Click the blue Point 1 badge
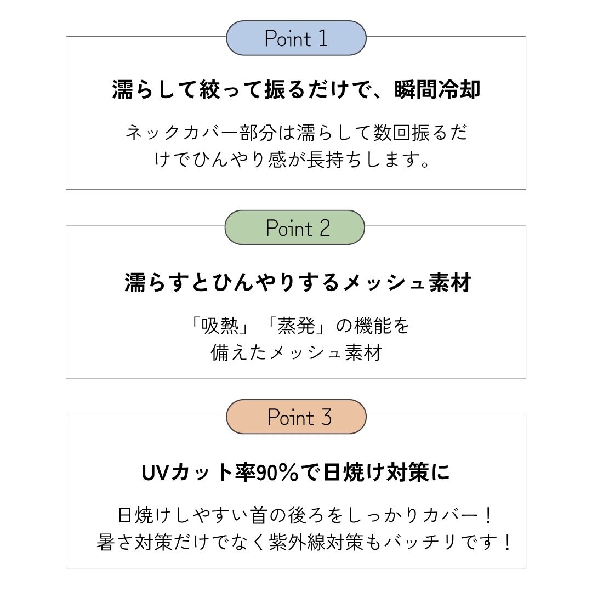coord(296,38)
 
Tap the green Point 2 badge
coord(295,227)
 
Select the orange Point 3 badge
coord(296,417)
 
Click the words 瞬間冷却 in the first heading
coord(437,90)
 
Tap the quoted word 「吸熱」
coord(220,326)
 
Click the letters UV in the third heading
coord(155,472)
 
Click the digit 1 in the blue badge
coord(323,38)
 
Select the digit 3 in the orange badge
coord(326,417)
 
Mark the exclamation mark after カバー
coord(488,515)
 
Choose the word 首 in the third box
coord(259,515)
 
